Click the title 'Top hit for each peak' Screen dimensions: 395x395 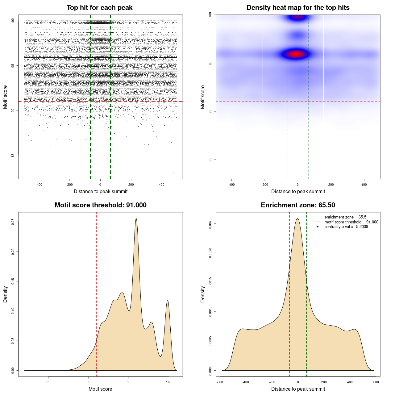[99, 8]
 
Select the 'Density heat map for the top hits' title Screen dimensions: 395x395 [298, 8]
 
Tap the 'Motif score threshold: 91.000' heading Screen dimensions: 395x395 [100, 205]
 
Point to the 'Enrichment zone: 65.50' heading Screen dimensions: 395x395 [298, 205]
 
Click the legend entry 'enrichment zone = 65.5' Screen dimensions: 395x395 [345, 217]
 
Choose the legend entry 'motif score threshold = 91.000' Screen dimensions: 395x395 [351, 222]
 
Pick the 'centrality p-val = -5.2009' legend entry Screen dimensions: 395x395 [346, 227]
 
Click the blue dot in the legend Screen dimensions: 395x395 [318, 227]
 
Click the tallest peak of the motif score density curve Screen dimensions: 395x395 [136, 219]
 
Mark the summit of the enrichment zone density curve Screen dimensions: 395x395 [297, 219]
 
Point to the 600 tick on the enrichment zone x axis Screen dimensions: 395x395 [376, 382]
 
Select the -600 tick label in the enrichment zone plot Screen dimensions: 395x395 [220, 382]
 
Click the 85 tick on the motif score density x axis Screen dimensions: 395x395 [48, 382]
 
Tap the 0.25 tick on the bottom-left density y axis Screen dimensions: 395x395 [13, 222]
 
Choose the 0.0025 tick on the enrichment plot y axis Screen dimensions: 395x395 [210, 223]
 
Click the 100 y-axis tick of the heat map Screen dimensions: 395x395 [210, 15]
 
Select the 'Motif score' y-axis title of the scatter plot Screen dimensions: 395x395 [5, 97]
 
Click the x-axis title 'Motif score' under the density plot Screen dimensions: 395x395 [100, 389]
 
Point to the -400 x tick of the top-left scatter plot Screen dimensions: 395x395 [39, 185]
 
